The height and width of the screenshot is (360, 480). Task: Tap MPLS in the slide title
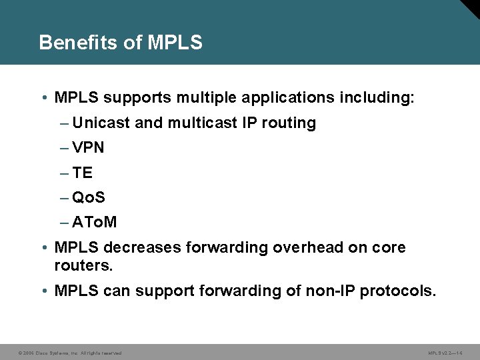[175, 43]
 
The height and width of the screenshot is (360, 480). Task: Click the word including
[376, 99]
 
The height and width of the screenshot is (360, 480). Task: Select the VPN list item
[89, 148]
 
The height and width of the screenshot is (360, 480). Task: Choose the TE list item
[83, 173]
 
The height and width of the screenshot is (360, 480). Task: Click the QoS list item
[89, 198]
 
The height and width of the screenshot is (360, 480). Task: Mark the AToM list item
[95, 223]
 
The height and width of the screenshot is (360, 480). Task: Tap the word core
[389, 248]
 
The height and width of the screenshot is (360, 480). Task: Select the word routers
[84, 265]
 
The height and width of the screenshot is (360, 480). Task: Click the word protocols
[397, 291]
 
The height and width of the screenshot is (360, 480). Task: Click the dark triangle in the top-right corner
[471, 8]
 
